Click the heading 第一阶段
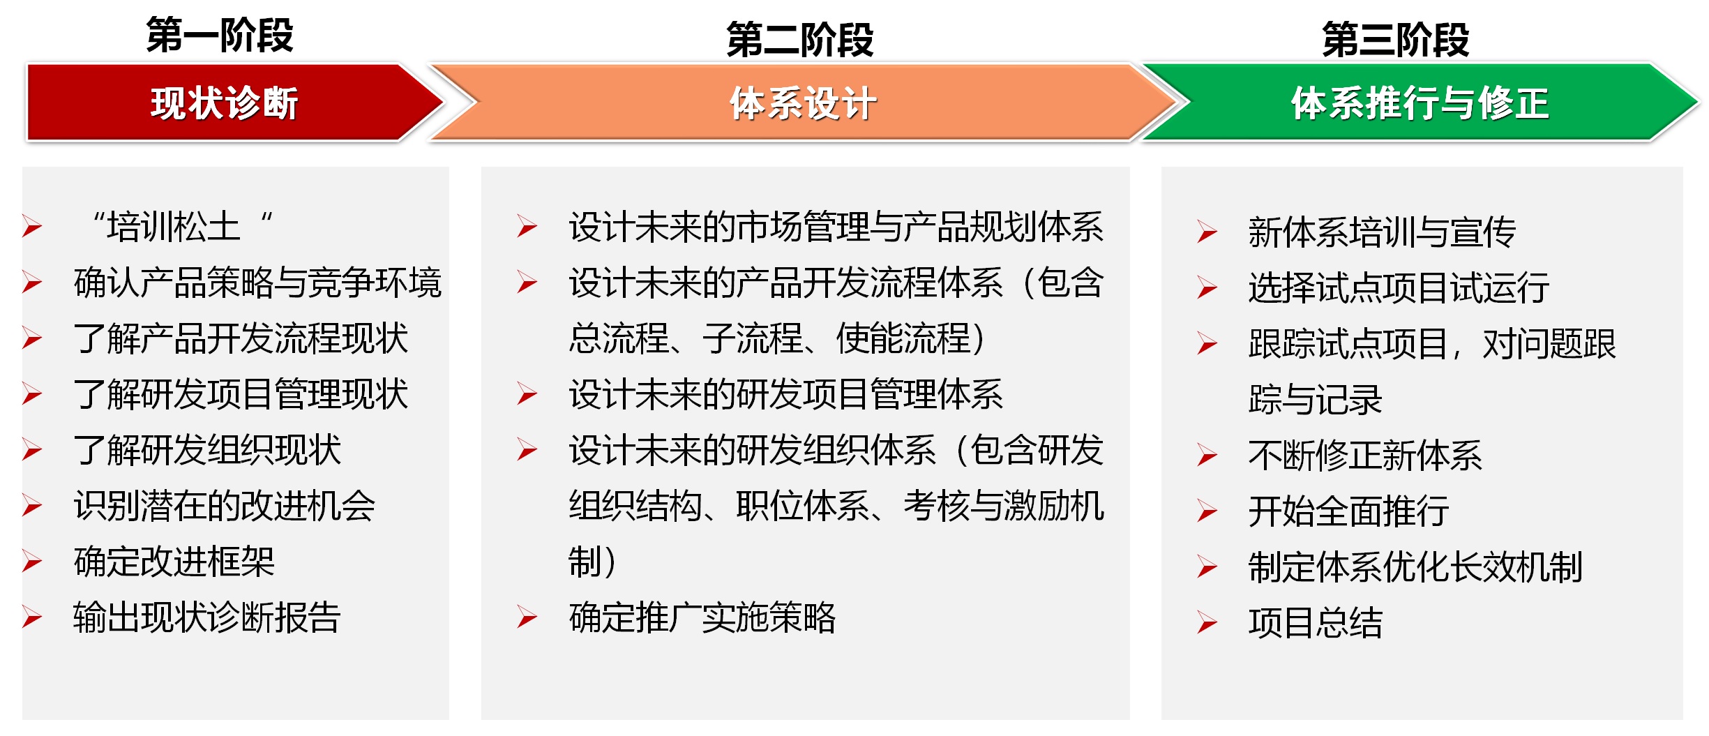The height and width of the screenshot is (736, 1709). coord(220,36)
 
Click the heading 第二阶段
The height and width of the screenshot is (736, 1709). coord(800,40)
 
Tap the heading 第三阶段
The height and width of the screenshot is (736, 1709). coord(1396,39)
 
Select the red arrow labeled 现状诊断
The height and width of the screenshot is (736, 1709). coord(234,103)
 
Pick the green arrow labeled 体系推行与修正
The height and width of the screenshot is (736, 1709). coord(1420,103)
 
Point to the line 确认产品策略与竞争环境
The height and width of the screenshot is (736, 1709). coord(257,283)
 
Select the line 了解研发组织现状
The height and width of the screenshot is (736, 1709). coord(207,450)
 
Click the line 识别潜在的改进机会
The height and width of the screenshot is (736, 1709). coord(225,506)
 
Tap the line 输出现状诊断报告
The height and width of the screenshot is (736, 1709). coord(206,617)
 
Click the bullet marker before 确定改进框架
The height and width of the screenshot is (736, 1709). coord(32,562)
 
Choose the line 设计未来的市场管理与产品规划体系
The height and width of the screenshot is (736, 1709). coord(836,227)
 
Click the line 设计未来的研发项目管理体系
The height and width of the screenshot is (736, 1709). coord(786,394)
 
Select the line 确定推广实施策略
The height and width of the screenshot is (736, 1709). coord(702,617)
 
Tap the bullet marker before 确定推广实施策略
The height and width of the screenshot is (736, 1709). coord(527,617)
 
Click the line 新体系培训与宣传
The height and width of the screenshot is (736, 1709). coord(1382,232)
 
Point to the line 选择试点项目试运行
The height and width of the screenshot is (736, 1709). coord(1399,288)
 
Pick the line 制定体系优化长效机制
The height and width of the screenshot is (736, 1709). coord(1415,567)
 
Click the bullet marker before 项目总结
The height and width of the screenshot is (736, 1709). coord(1207,623)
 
